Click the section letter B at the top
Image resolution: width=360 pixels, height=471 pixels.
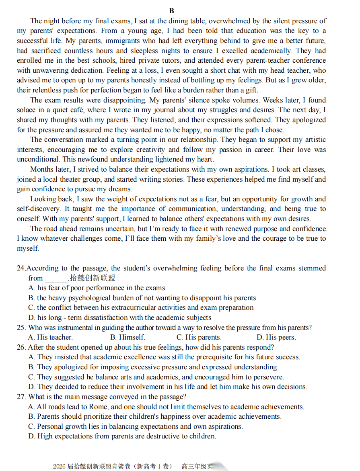[172, 11]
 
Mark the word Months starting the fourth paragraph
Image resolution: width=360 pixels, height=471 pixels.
[41, 169]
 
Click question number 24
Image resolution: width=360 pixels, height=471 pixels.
[21, 268]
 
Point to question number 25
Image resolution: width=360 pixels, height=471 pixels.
[21, 328]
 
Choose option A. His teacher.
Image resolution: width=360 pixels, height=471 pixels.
[51, 337]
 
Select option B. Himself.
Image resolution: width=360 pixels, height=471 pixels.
[128, 337]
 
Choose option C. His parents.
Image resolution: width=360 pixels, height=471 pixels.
[199, 337]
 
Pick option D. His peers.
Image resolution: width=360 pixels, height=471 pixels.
[276, 337]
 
